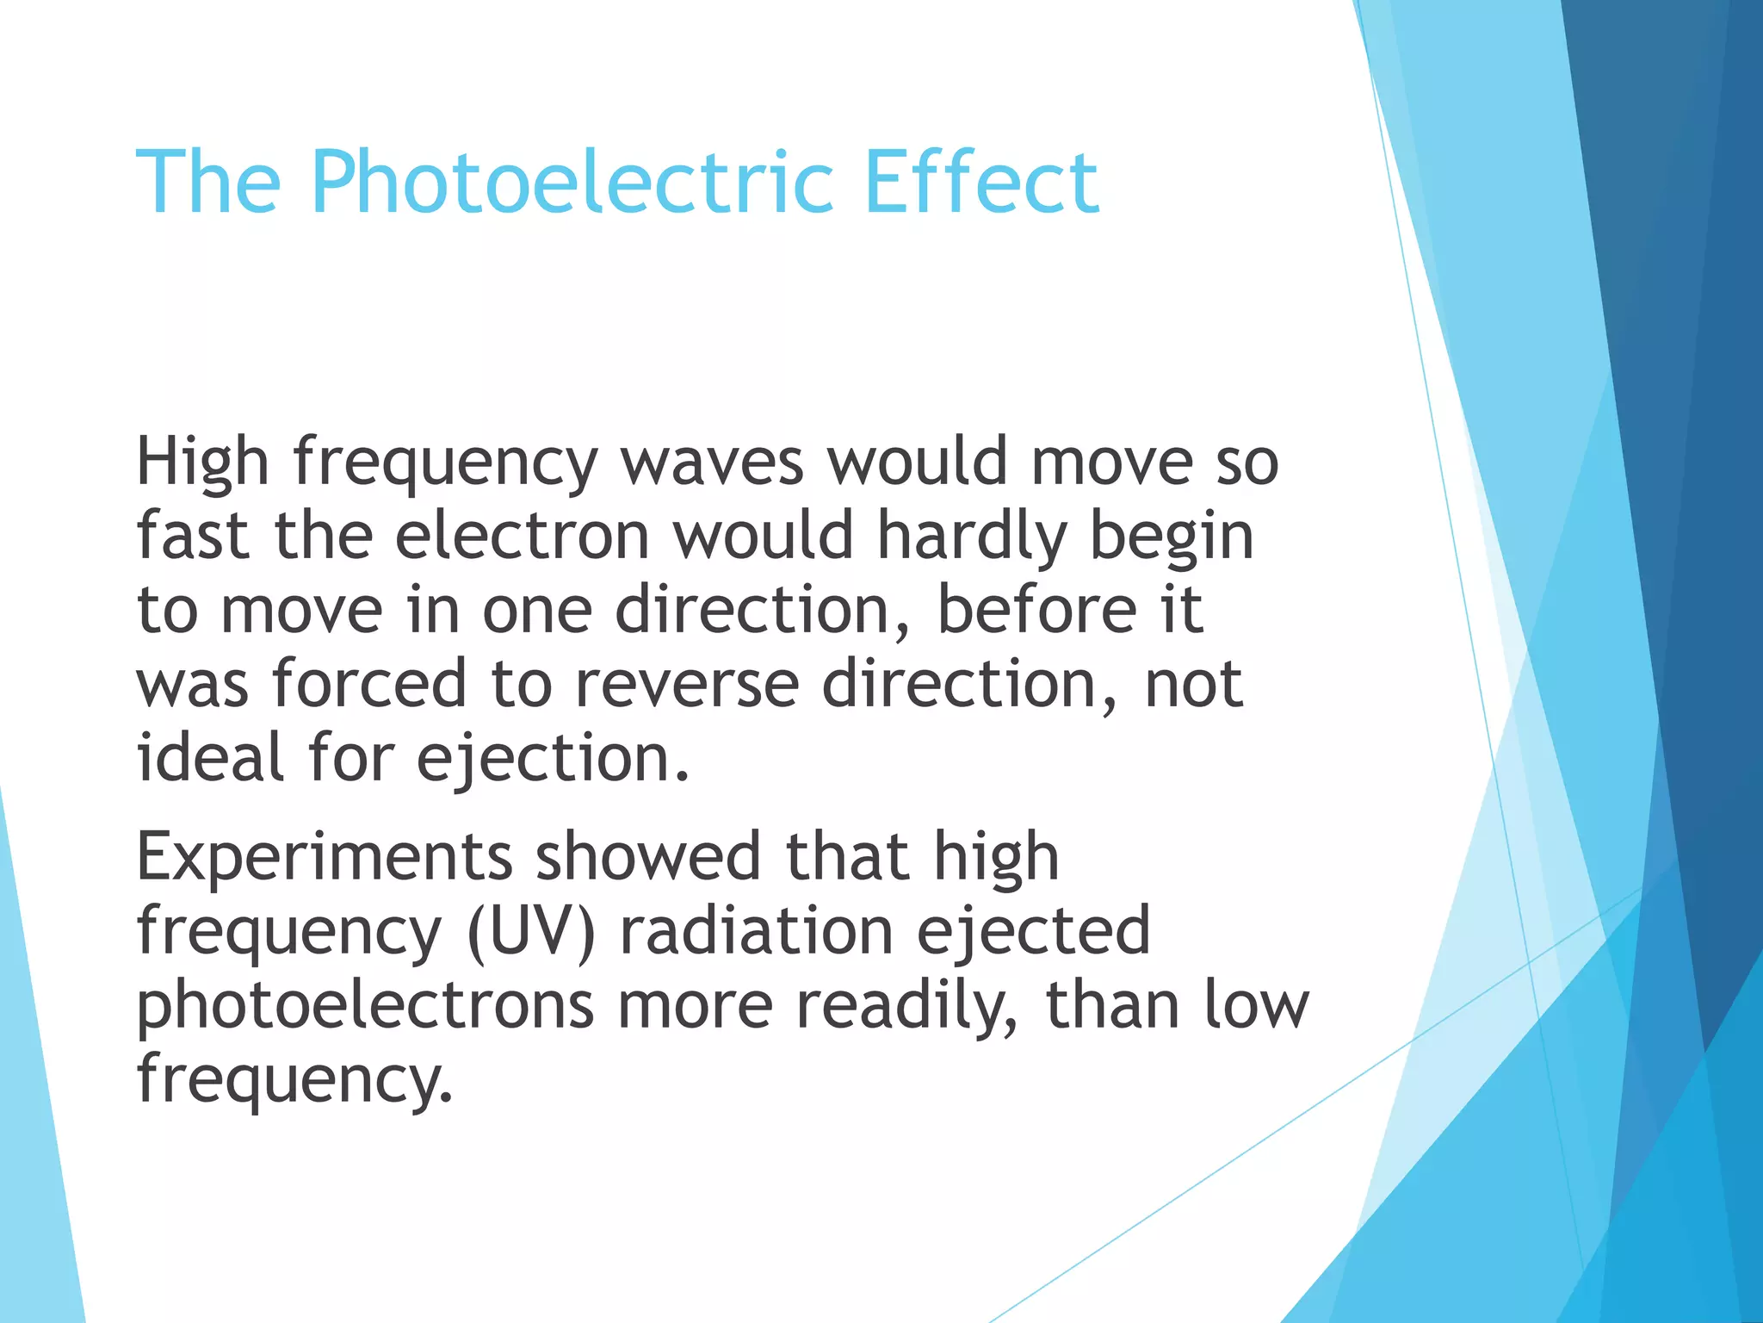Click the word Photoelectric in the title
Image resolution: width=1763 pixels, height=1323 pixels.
(x=572, y=183)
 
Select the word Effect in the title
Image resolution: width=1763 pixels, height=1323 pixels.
(x=981, y=183)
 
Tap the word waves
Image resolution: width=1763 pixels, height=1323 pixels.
(x=712, y=463)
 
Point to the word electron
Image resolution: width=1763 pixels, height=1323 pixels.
(x=522, y=536)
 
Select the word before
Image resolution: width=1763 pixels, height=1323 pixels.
(x=1036, y=610)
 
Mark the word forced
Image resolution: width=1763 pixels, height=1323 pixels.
(x=369, y=684)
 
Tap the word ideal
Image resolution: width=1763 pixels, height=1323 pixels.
(x=210, y=758)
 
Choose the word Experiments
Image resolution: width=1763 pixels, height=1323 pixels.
(x=325, y=858)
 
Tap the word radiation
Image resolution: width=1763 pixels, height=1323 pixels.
(x=757, y=931)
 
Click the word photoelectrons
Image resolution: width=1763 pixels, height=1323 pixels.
(x=365, y=1006)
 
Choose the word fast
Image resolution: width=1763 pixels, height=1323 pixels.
(x=193, y=536)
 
